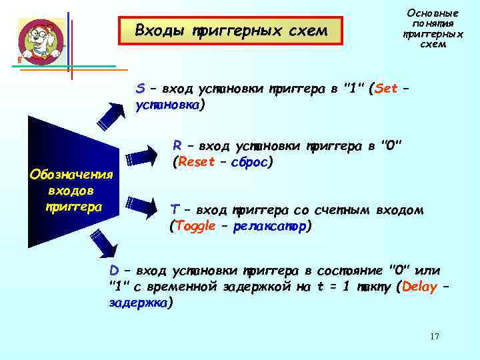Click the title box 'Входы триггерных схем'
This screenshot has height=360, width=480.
[x=231, y=31]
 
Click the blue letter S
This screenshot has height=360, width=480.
[x=139, y=89]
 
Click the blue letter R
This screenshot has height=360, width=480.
[x=177, y=145]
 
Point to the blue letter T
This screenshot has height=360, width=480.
[x=174, y=210]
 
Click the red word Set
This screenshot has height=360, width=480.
[x=387, y=89]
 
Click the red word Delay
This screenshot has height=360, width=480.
[x=418, y=287]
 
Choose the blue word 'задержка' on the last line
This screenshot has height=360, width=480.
[x=138, y=303]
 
